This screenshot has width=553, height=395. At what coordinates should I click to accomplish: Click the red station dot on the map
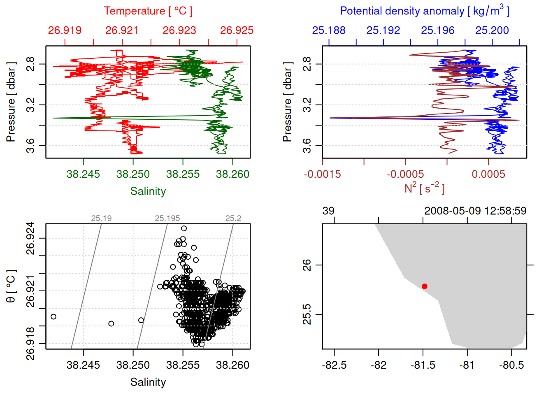click(424, 286)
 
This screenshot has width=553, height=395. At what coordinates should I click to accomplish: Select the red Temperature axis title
click(148, 11)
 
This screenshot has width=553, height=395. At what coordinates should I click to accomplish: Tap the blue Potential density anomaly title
click(424, 11)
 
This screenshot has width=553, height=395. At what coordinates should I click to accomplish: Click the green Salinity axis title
click(148, 191)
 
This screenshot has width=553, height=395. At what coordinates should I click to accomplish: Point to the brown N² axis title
click(424, 188)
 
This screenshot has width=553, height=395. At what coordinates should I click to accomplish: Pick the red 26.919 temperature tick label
click(65, 30)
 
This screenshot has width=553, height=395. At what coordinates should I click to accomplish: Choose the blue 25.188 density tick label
click(329, 30)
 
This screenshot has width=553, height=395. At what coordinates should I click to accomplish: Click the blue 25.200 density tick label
click(492, 30)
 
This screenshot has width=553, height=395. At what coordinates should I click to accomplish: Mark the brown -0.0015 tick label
click(322, 174)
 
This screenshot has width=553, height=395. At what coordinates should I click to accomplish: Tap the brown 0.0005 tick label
click(488, 174)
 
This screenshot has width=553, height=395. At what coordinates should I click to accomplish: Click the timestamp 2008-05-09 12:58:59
click(475, 211)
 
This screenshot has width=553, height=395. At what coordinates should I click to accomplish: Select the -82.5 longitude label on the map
click(334, 365)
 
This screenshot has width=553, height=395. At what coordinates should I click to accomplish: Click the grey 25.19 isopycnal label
click(101, 218)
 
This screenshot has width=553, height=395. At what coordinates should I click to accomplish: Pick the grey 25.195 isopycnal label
click(167, 218)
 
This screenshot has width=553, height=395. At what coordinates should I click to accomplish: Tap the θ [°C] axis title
click(11, 286)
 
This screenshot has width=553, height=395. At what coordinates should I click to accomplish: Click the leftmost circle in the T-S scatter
click(53, 316)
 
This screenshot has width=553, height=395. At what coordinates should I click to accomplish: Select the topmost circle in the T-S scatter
click(184, 228)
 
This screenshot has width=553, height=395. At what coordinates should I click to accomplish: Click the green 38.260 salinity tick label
click(232, 174)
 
